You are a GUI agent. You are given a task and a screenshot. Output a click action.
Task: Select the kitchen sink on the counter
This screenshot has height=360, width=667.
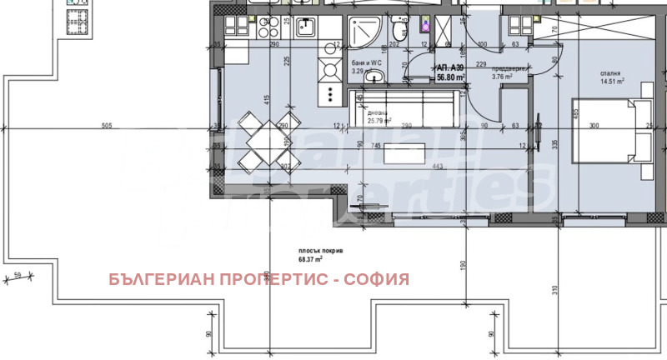303,28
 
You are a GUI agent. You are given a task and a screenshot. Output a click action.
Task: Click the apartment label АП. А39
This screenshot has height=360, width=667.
451,68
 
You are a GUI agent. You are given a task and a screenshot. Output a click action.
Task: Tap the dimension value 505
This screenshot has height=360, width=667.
106,125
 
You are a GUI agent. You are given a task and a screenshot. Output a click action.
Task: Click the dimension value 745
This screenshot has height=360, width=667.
376,145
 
